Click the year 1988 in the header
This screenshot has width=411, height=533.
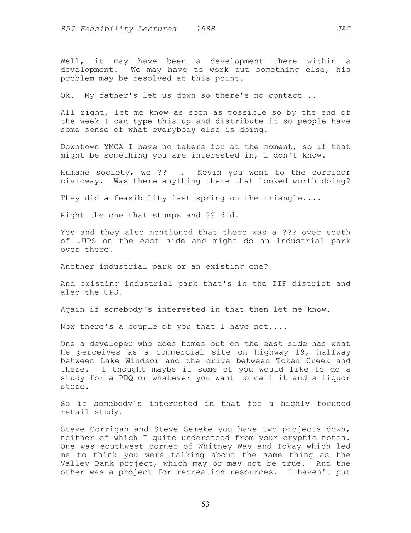[x=205, y=29]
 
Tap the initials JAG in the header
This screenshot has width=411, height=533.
[x=344, y=29]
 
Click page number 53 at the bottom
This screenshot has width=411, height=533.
[x=205, y=504]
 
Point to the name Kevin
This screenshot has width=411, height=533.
[x=209, y=173]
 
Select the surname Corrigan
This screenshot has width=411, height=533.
[x=109, y=429]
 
